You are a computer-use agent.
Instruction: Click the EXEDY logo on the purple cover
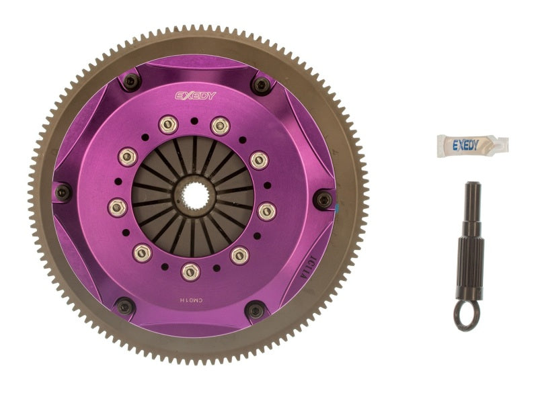pos(196,95)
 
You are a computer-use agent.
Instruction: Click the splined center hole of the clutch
pos(192,197)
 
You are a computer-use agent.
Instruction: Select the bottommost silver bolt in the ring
pos(191,271)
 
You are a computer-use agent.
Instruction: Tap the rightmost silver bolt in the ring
pos(267,212)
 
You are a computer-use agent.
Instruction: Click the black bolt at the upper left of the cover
pos(132,81)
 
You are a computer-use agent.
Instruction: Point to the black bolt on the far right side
pos(323,199)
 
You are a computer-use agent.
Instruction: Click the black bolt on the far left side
pos(63,192)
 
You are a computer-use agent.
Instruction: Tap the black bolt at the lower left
pos(124,306)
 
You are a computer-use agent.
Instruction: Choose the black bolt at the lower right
pos(255,310)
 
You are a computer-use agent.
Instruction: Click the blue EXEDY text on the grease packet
pos(465,144)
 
